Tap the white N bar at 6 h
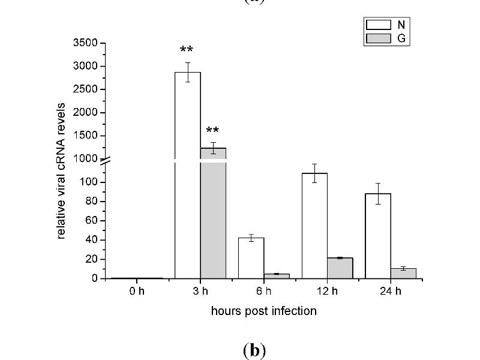[251, 258]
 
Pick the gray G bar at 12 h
[340, 268]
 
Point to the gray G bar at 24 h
[403, 273]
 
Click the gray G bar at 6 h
[277, 276]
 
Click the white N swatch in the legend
[377, 25]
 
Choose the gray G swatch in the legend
[377, 38]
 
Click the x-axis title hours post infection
[263, 311]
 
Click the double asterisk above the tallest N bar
[187, 50]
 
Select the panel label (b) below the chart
[254, 350]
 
